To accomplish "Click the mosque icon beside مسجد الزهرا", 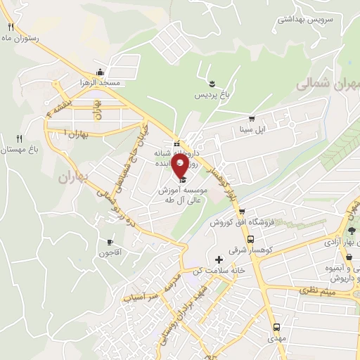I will pyautogui.click(x=101, y=72).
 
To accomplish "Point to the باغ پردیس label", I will pyautogui.click(x=211, y=94).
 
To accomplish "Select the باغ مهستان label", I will pyautogui.click(x=18, y=150).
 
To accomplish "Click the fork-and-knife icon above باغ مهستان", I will pyautogui.click(x=19, y=139).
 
